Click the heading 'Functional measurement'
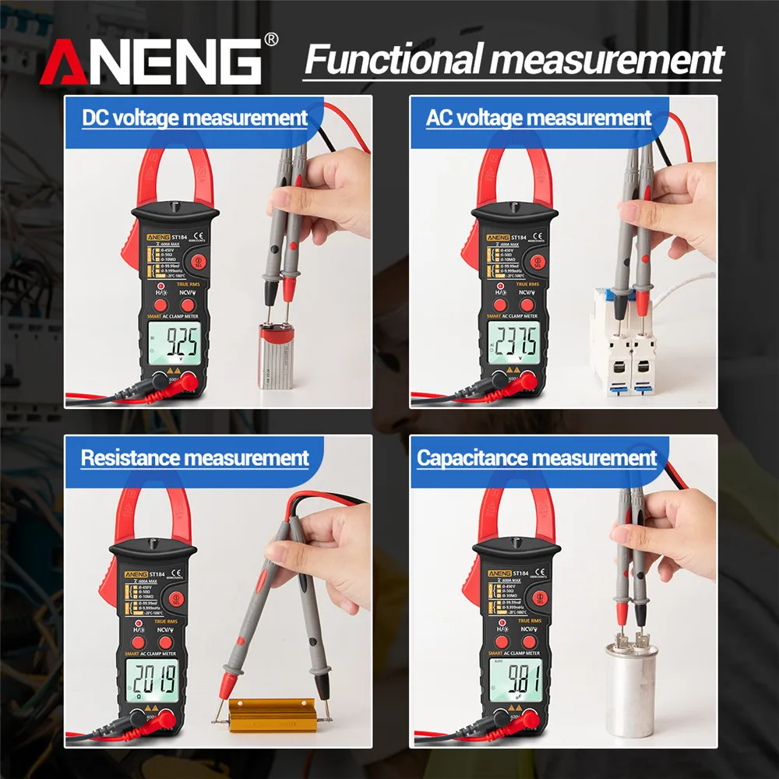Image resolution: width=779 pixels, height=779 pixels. coord(514,59)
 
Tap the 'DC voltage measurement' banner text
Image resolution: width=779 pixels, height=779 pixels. coord(195,118)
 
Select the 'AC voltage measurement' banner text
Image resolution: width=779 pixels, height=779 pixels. coord(538,118)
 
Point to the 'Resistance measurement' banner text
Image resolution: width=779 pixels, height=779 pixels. coord(195,458)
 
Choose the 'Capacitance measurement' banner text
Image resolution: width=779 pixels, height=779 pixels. coord(538,458)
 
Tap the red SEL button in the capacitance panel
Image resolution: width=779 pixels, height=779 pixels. coord(537,598)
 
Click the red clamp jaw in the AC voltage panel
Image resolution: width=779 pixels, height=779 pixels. coord(514,175)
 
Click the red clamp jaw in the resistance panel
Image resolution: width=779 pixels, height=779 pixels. coord(152,514)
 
